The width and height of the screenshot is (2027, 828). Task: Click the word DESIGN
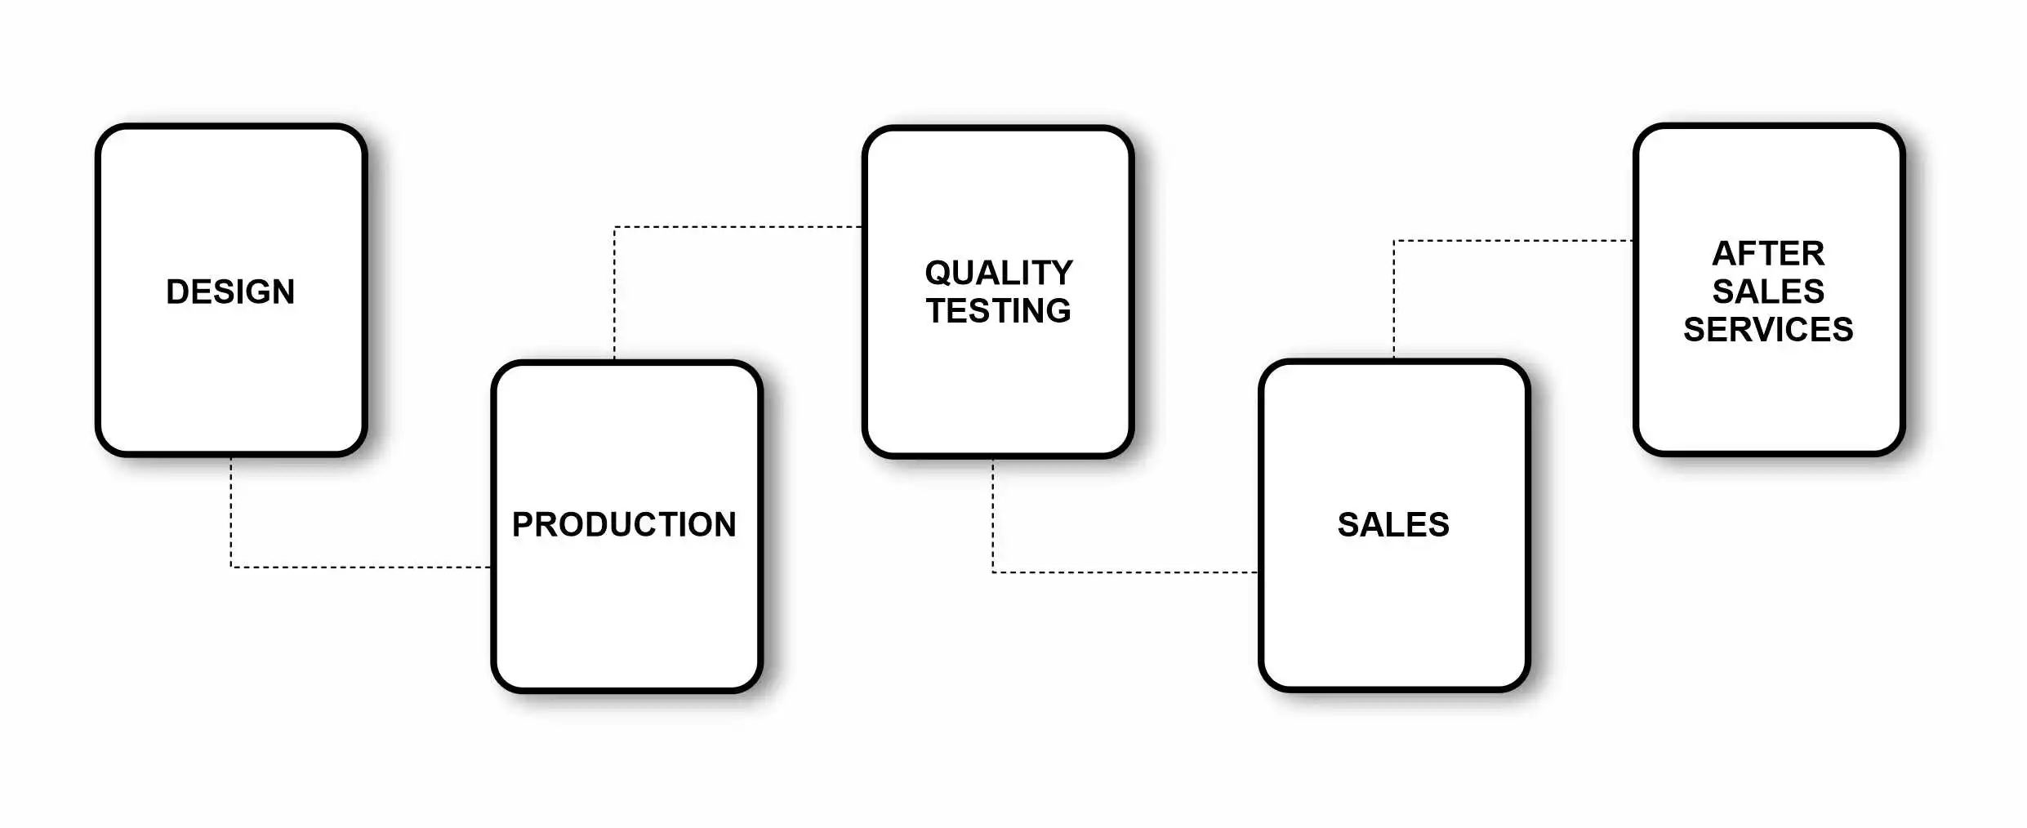coord(230,292)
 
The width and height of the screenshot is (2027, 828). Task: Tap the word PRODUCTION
coord(624,524)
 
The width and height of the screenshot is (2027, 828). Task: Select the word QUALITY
coord(998,273)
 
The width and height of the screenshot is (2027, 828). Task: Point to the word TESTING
coord(998,311)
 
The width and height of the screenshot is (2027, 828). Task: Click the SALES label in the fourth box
coord(1393,524)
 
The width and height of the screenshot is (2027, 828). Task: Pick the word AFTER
coord(1767,254)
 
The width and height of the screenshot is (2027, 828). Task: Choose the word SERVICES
coord(1767,330)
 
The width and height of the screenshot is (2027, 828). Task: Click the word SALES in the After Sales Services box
coord(1767,292)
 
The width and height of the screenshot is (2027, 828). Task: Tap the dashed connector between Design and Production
coord(359,567)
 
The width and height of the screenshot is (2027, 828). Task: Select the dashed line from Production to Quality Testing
coord(735,227)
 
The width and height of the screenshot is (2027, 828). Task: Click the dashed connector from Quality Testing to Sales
coord(1127,572)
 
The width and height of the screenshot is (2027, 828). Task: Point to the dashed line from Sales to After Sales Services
coord(1511,241)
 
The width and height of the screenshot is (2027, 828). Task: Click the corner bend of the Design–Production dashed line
coord(231,567)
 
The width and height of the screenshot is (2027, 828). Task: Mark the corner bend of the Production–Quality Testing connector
coord(615,227)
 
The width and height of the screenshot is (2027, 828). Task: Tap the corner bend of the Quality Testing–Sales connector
coord(993,572)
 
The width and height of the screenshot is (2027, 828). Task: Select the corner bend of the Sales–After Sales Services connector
coord(1394,241)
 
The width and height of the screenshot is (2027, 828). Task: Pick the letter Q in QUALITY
coord(938,273)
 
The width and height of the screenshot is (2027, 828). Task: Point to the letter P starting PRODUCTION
coord(523,524)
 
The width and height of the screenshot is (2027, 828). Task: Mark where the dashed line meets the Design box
coord(231,457)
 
